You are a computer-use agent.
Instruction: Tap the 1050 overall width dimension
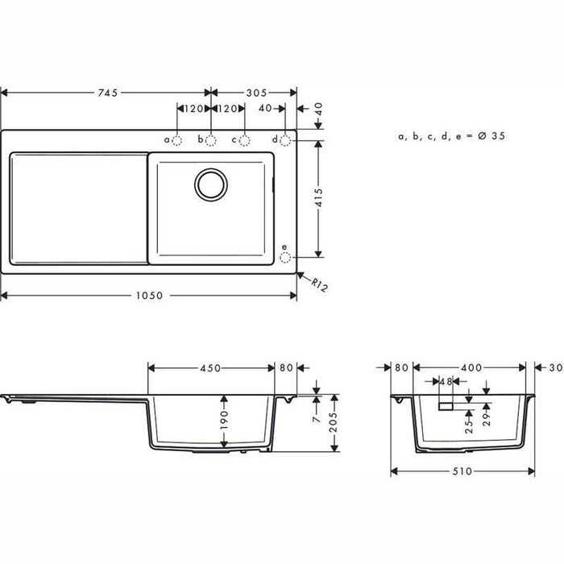pos(149,296)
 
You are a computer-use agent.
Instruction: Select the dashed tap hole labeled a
pos(178,140)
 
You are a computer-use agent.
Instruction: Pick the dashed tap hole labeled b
pos(210,140)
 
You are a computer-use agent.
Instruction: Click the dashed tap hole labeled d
pos(285,140)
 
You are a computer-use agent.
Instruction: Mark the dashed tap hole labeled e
pos(285,257)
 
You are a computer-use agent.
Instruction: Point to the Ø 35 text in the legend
pos(490,138)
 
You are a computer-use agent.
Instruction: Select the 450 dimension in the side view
pos(211,368)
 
